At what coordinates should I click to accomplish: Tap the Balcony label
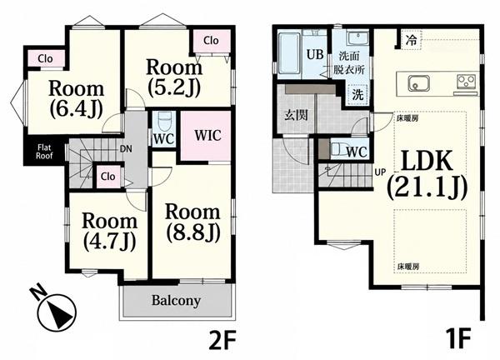point(176,301)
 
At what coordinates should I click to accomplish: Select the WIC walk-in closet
point(206,136)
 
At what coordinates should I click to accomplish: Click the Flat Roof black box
point(44,152)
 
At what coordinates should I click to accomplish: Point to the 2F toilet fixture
point(164,121)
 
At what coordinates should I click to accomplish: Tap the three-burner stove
point(466,82)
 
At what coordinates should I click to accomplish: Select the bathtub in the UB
point(289,53)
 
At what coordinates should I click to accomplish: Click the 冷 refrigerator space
point(412,40)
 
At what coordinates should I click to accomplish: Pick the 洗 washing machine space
point(357,95)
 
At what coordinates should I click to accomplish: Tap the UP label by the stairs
point(380,172)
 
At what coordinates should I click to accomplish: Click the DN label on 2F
point(126,148)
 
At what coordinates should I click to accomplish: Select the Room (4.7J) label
point(110,232)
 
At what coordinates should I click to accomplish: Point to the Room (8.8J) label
point(192,223)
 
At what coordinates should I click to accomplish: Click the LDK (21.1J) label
point(427,174)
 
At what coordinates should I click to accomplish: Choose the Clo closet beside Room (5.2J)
point(211,41)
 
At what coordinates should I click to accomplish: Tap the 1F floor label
point(459,340)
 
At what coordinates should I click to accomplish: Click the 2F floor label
point(222,340)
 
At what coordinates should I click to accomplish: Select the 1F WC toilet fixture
point(338,149)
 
